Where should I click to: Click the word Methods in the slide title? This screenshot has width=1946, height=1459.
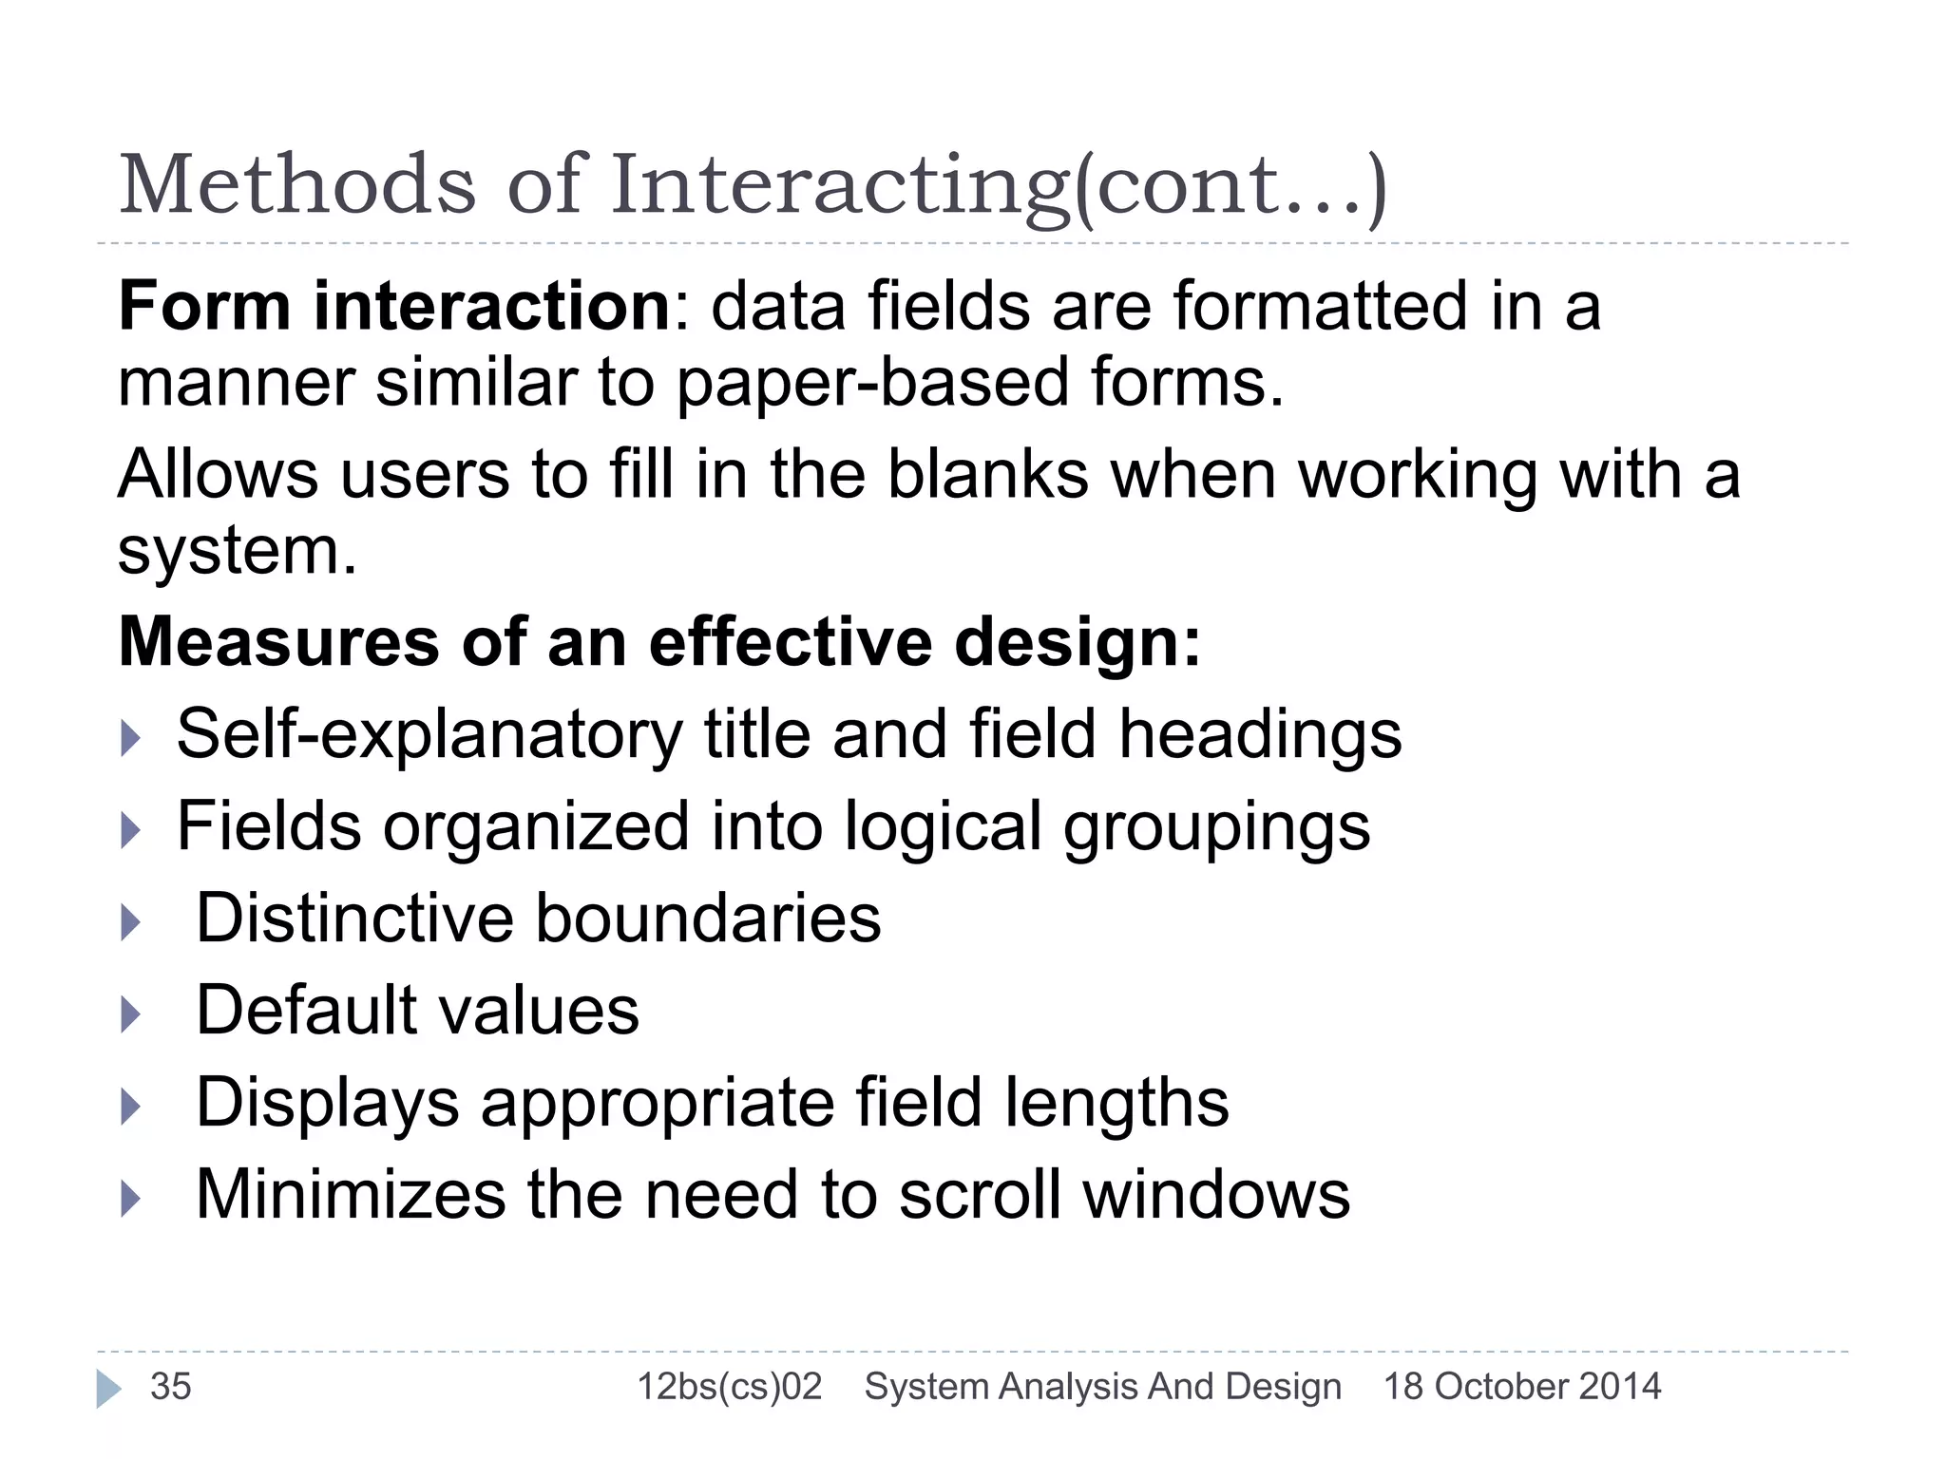click(296, 184)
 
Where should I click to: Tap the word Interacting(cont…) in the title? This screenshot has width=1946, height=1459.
click(998, 186)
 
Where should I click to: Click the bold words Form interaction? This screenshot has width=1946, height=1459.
click(395, 307)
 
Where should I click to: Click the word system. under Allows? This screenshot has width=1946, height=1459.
click(237, 551)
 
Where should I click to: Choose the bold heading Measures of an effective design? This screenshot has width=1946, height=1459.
click(659, 643)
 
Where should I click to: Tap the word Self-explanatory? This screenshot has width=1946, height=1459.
click(429, 735)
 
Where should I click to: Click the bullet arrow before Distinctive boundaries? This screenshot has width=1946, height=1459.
click(131, 922)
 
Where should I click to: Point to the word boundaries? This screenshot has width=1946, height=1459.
click(708, 919)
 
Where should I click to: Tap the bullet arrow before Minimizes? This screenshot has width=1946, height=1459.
click(131, 1199)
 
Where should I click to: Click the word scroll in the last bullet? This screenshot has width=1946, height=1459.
click(980, 1195)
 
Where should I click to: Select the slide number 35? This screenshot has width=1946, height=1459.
click(171, 1387)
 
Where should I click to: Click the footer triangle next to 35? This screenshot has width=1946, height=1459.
click(108, 1389)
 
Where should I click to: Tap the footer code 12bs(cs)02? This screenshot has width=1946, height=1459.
click(729, 1387)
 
